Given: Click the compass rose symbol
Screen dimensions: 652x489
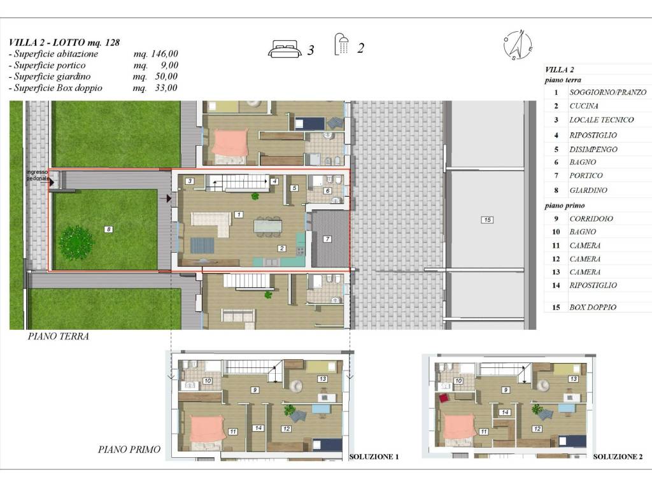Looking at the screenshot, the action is pyautogui.click(x=518, y=45).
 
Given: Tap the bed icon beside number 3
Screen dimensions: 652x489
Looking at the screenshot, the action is pyautogui.click(x=284, y=48).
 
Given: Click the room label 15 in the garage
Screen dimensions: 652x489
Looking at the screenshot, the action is pyautogui.click(x=487, y=220).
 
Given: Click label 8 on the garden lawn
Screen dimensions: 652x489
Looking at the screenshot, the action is pyautogui.click(x=108, y=229).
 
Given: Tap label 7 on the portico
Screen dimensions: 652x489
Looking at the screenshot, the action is pyautogui.click(x=327, y=239).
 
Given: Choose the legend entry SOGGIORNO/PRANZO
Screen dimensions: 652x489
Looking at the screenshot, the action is pyautogui.click(x=607, y=92).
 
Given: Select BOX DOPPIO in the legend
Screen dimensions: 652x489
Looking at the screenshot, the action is pyautogui.click(x=593, y=308).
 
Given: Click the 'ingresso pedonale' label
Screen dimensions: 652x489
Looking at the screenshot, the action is pyautogui.click(x=38, y=175).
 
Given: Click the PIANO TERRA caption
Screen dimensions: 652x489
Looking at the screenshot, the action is pyautogui.click(x=58, y=336).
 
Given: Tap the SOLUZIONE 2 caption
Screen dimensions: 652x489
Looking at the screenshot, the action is pyautogui.click(x=618, y=457).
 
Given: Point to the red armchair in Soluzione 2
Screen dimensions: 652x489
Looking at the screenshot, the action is pyautogui.click(x=444, y=398).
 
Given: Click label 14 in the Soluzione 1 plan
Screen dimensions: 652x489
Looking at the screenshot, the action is pyautogui.click(x=259, y=428).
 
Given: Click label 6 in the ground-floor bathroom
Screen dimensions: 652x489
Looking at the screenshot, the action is pyautogui.click(x=328, y=191).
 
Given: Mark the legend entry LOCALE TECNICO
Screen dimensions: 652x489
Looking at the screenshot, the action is pyautogui.click(x=601, y=120).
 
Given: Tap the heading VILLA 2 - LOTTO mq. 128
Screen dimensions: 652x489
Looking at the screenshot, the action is pyautogui.click(x=64, y=43).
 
